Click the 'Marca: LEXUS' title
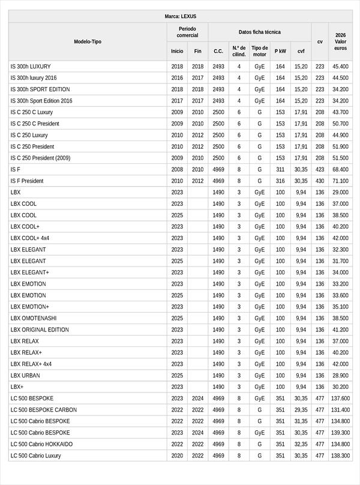click(180, 16)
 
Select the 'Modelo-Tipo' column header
click(88, 42)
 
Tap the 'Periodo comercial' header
click(187, 32)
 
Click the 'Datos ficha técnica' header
click(259, 32)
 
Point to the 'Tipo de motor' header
click(259, 51)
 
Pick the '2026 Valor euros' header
click(340, 42)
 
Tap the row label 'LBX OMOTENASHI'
click(34, 318)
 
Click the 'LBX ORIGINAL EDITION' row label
click(40, 330)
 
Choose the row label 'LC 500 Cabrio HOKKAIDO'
click(41, 444)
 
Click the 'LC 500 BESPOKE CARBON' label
click(44, 410)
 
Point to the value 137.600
click(340, 399)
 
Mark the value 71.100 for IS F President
click(340, 181)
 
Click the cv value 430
click(320, 181)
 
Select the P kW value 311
click(280, 169)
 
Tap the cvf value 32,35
click(301, 444)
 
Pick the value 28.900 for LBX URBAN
click(340, 375)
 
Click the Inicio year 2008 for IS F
click(177, 169)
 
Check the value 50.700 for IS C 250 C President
click(340, 124)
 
